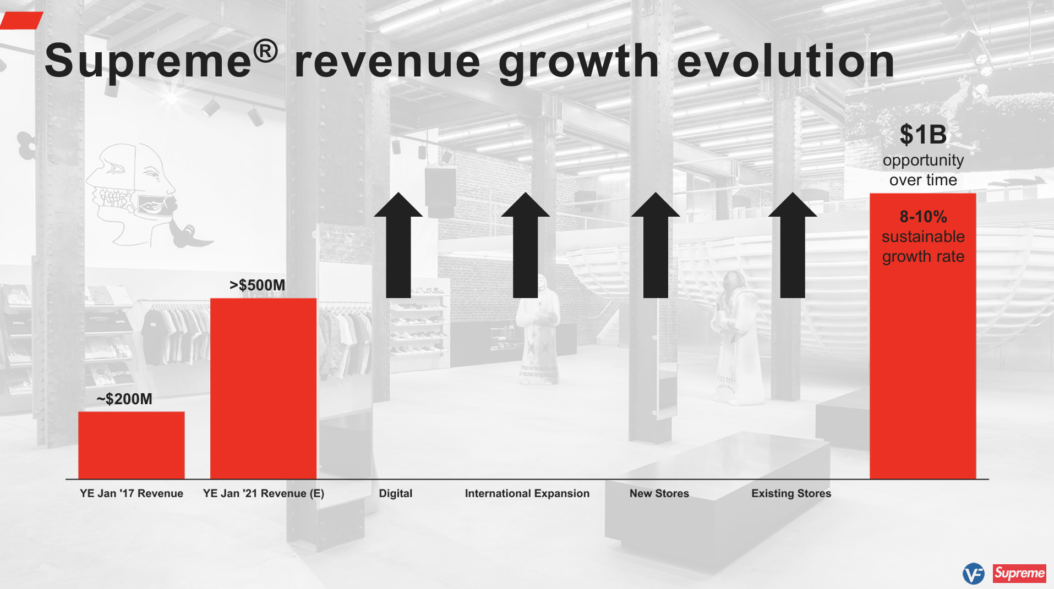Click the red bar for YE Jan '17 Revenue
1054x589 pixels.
tap(131, 445)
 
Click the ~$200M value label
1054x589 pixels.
tap(124, 399)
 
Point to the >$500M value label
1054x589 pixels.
tap(257, 285)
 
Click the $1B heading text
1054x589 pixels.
tap(923, 135)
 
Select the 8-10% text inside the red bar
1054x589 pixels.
tap(923, 217)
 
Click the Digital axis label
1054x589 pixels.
tap(395, 493)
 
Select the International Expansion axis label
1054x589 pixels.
tap(527, 493)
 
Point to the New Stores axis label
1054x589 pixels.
tap(659, 493)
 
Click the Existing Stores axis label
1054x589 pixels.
tap(791, 493)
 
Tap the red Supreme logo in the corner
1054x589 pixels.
tap(1019, 573)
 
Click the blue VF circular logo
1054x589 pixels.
tap(973, 574)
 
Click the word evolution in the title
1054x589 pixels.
tap(785, 62)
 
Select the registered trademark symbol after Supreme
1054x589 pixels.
tap(265, 52)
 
